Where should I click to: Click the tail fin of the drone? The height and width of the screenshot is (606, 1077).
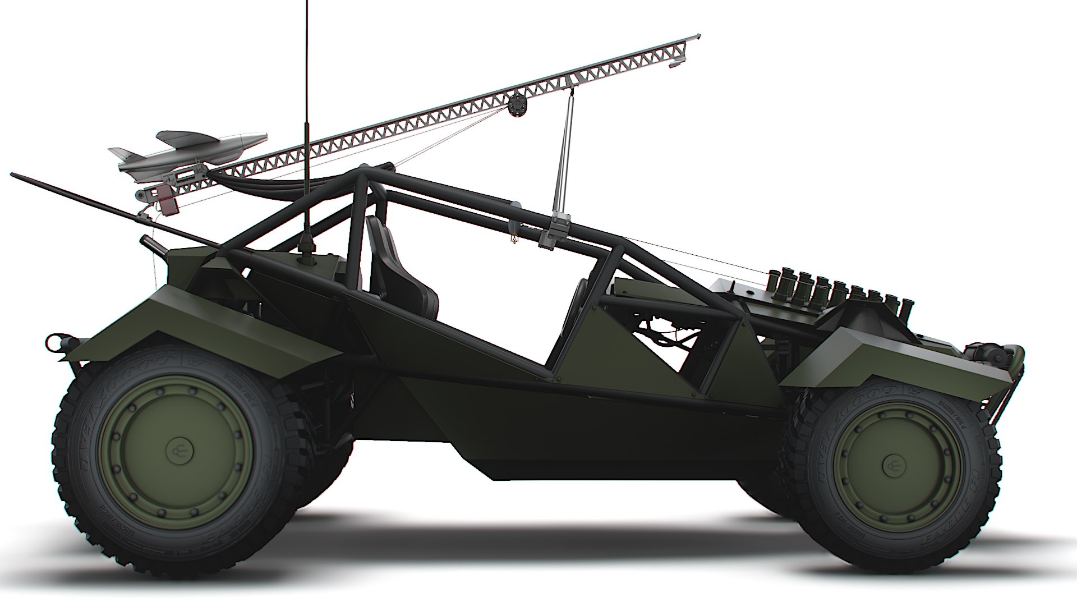click(119, 153)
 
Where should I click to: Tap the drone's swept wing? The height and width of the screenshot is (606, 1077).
click(178, 136)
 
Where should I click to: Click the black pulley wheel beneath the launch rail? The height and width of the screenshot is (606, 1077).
click(517, 105)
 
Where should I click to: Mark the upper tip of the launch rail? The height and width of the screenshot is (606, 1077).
click(697, 37)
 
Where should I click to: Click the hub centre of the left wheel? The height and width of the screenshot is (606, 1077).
click(178, 449)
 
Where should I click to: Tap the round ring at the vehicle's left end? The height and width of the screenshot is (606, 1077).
click(54, 340)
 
